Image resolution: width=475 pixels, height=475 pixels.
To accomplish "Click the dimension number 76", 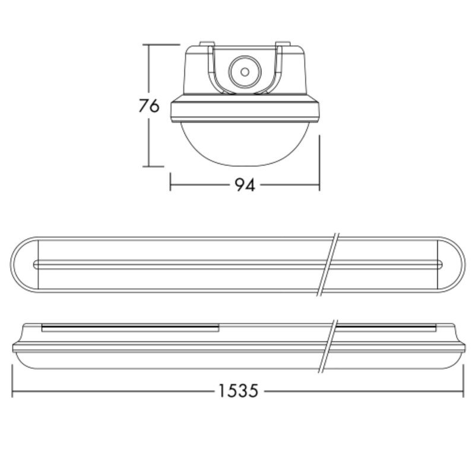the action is [149, 106].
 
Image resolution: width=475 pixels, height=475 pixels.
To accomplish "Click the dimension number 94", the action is [245, 185].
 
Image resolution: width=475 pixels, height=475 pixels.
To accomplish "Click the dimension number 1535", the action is [239, 391].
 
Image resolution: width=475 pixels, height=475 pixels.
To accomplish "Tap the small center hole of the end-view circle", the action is [245, 72].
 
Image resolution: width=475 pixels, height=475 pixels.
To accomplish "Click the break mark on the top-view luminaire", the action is [328, 264].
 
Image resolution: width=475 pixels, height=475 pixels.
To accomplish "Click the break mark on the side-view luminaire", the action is [328, 346].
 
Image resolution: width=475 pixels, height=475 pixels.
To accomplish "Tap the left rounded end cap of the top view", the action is [24, 264].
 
